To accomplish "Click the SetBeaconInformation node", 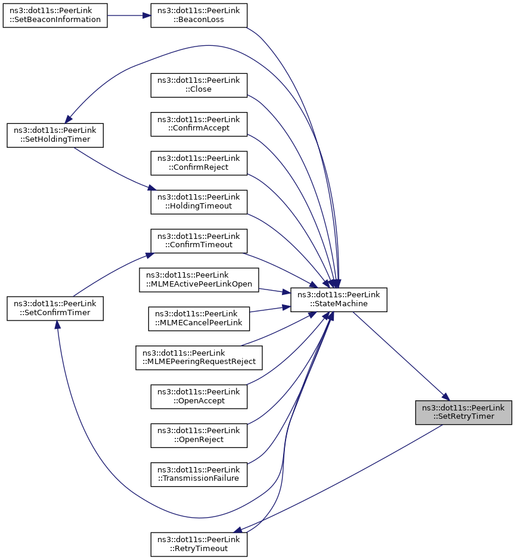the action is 55,15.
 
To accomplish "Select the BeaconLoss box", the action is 198,15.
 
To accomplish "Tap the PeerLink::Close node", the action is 198,85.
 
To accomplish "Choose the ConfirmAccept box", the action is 198,124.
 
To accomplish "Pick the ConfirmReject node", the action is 198,163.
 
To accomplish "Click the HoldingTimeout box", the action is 198,202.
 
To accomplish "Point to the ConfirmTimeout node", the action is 198,241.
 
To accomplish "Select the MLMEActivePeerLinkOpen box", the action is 198,279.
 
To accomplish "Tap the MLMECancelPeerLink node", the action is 198,319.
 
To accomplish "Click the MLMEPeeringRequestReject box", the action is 198,357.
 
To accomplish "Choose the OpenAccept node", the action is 198,396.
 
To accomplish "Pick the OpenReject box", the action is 198,435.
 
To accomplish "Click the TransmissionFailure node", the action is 198,474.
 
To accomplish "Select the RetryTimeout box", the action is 198,545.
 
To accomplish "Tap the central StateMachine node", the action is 339,299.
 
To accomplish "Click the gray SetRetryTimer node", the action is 464,412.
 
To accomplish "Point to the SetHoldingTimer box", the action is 55,135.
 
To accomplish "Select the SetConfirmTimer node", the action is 55,308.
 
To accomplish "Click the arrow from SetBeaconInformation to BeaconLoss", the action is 129,15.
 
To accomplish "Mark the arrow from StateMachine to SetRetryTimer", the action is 401,356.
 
